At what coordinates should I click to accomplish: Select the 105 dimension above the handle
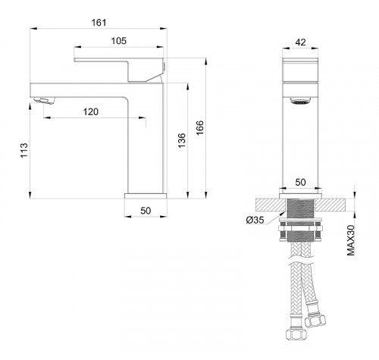120,40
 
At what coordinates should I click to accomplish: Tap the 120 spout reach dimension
91,111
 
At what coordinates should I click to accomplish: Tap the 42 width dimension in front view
302,42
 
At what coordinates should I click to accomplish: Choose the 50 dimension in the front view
302,183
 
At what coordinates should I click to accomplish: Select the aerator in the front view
302,99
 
